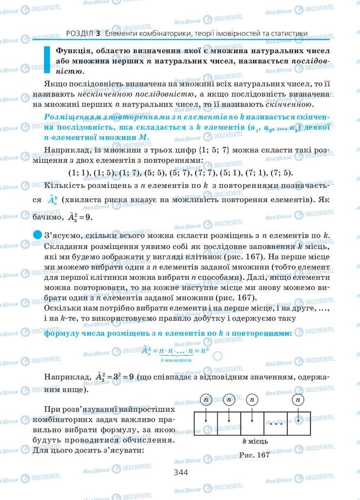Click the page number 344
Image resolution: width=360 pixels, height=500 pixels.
click(180, 472)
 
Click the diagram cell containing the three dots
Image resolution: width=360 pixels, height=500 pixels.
click(276, 424)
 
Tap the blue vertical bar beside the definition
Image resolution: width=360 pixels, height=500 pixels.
click(47, 60)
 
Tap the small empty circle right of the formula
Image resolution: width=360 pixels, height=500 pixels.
click(218, 356)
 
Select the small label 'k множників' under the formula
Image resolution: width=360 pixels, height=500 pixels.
click(175, 360)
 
